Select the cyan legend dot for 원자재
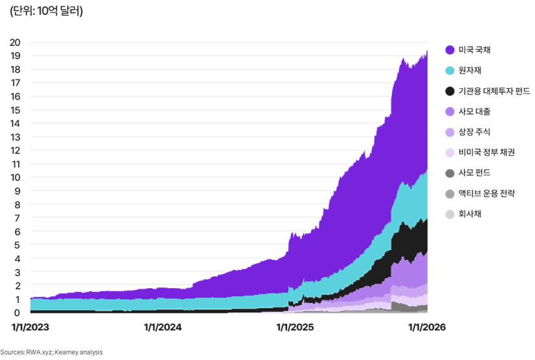(449, 71)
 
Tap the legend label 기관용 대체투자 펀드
(494, 91)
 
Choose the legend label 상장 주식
(474, 132)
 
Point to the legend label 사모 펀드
(474, 173)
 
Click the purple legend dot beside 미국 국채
(449, 50)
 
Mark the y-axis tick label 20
(15, 43)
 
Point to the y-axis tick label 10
(15, 177)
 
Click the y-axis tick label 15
(15, 110)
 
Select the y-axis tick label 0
(17, 313)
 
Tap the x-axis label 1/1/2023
(30, 328)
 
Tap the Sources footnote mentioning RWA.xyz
(51, 352)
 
